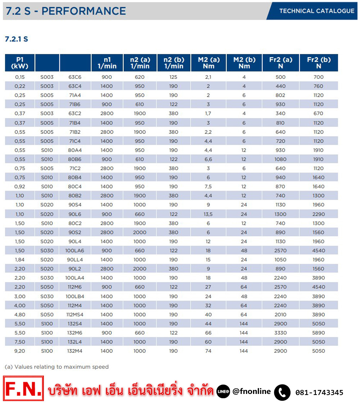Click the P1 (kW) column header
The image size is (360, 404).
(x=20, y=63)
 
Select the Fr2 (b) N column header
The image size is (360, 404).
(x=319, y=63)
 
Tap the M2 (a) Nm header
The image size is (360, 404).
(x=209, y=63)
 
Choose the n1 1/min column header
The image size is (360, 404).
(x=107, y=63)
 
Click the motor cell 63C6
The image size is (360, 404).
(x=75, y=77)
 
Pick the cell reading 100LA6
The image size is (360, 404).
(x=75, y=250)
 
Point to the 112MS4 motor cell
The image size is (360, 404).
(x=75, y=314)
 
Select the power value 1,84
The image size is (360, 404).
(x=20, y=260)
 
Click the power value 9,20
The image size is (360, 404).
(x=20, y=351)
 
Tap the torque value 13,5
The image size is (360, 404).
(x=208, y=214)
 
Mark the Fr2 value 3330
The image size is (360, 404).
(x=280, y=333)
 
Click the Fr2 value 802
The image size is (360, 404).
(x=280, y=95)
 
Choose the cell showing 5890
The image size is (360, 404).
(x=319, y=333)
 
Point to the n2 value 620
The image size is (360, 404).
(x=140, y=77)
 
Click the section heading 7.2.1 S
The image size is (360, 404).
(x=17, y=39)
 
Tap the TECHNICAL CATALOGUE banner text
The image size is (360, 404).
(x=317, y=11)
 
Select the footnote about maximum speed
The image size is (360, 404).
(x=57, y=367)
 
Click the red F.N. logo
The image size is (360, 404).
(x=23, y=388)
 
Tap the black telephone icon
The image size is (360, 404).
(x=282, y=392)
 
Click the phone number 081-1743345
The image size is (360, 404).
(x=319, y=392)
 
